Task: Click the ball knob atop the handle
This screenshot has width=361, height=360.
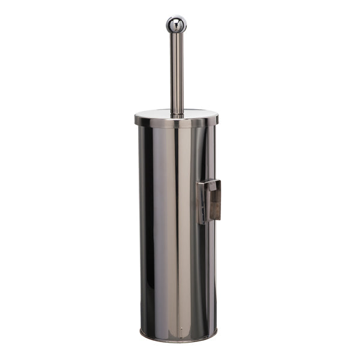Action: pos(176,24)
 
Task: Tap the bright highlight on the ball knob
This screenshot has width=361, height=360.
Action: pos(174,21)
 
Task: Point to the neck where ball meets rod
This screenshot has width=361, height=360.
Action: pos(176,34)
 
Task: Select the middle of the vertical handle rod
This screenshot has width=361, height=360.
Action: pos(176,72)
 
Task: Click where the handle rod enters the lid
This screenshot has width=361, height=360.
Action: pos(176,113)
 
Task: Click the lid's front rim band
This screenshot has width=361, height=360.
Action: pos(176,122)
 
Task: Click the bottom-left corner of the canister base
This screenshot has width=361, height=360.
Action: pos(141,334)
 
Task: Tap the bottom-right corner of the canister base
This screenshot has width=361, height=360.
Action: pos(214,334)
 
